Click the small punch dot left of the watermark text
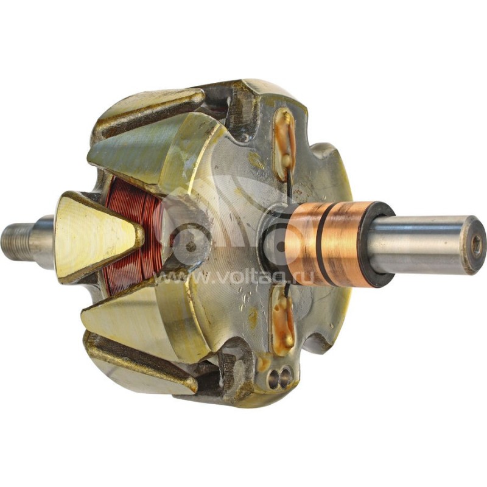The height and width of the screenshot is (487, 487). (191, 247)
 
